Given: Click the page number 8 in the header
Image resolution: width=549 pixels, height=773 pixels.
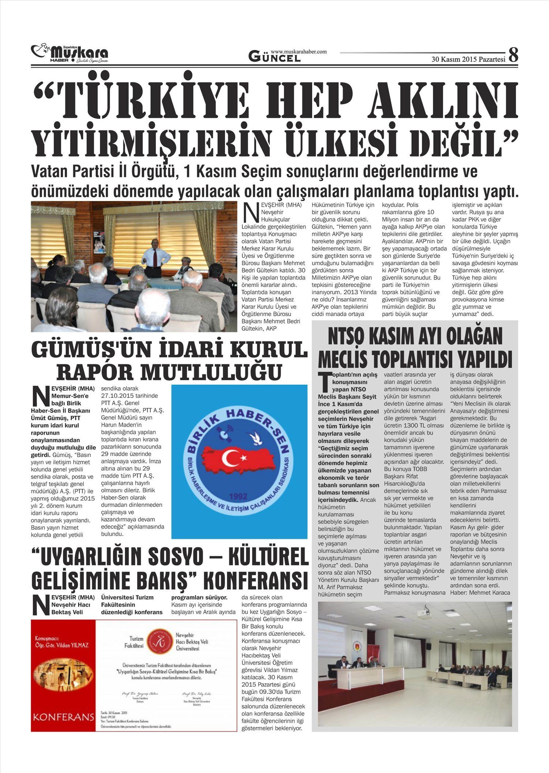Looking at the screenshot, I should tap(513, 55).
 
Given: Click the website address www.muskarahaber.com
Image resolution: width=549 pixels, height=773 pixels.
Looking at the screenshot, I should tap(298, 52).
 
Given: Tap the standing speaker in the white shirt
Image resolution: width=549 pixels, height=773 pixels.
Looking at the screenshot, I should tap(155, 257).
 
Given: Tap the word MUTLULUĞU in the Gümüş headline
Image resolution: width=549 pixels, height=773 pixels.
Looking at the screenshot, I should tap(212, 371).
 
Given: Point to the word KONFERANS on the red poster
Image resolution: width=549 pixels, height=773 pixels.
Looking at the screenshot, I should tap(63, 716).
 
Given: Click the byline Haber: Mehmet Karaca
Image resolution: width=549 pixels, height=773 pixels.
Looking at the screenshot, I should tap(480, 592).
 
